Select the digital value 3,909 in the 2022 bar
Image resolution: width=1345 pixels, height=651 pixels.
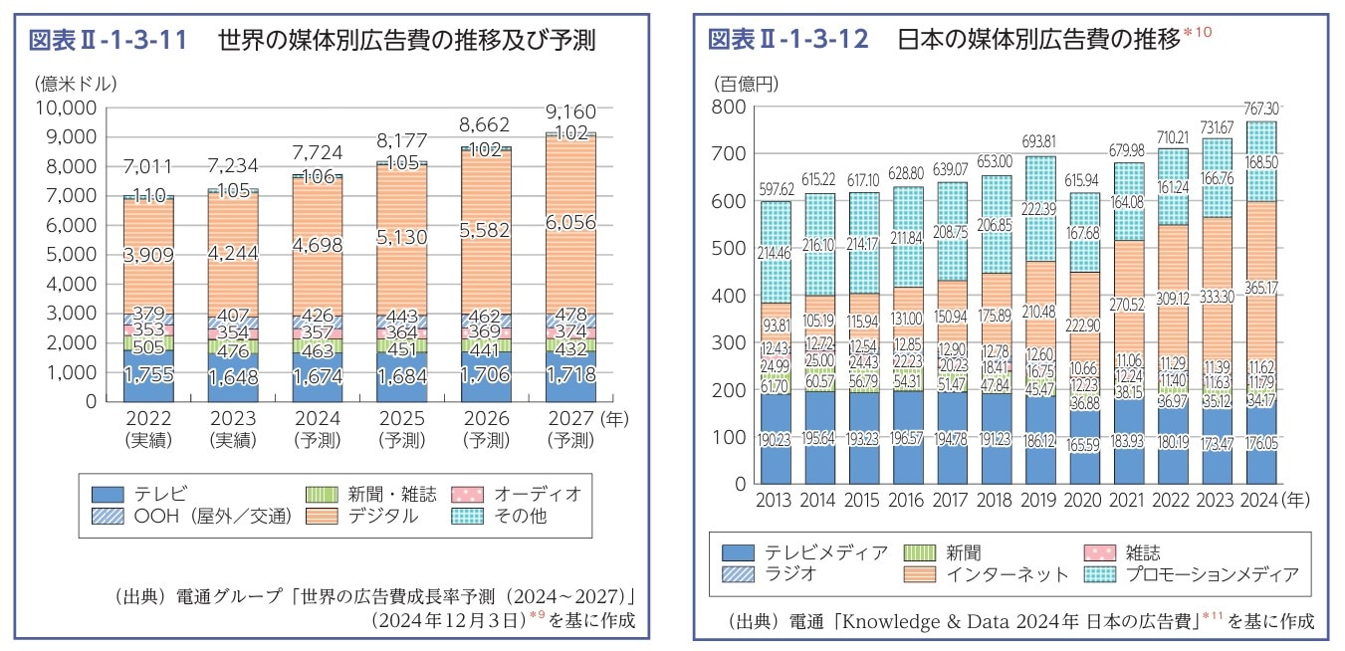(x=148, y=255)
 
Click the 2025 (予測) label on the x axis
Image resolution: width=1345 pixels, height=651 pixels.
(x=402, y=429)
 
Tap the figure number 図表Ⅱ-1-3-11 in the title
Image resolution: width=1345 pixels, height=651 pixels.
(x=108, y=41)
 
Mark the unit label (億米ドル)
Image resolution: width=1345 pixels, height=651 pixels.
(x=75, y=82)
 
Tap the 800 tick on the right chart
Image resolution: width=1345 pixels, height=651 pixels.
(x=730, y=107)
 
